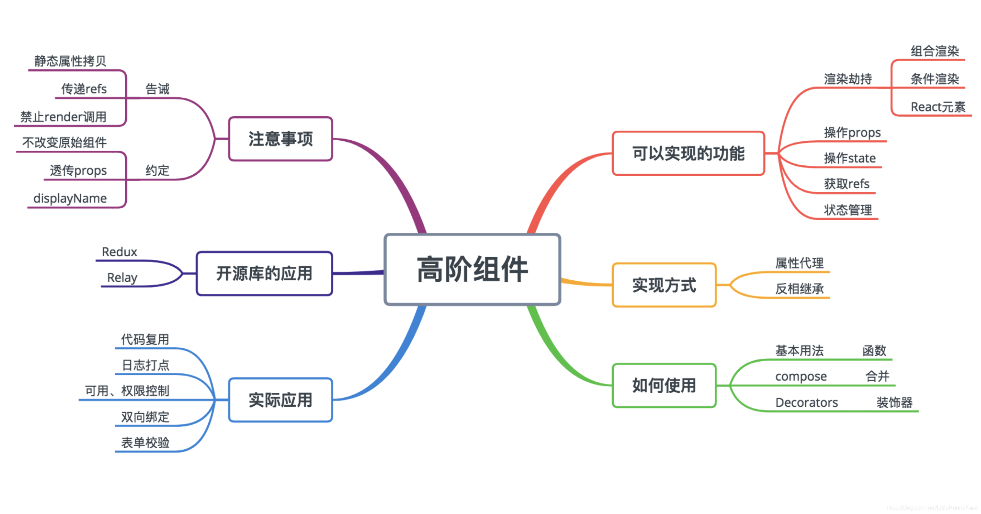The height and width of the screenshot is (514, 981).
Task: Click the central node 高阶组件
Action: point(472,270)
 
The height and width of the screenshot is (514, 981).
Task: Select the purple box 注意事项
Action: point(281,139)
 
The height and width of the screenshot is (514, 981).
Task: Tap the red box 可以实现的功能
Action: point(688,154)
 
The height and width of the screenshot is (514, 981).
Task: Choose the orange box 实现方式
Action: point(664,285)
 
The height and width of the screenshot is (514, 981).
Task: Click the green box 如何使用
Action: point(664,385)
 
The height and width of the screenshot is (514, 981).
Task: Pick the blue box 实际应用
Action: point(281,400)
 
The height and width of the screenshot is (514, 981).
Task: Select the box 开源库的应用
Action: point(264,274)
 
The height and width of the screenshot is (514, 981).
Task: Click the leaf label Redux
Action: point(119,252)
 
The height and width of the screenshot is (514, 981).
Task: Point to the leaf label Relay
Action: point(122,277)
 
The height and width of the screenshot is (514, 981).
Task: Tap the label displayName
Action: point(70,198)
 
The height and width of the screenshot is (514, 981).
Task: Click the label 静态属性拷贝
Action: point(70,61)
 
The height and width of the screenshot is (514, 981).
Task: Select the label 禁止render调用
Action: point(63,117)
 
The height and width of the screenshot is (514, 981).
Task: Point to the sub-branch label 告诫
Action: point(157,89)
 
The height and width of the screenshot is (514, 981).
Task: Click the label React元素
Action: point(938,107)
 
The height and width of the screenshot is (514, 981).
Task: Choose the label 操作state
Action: point(850,158)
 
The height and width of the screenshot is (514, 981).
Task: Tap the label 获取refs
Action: point(847,184)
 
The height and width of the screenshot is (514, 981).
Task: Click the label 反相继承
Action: point(799,289)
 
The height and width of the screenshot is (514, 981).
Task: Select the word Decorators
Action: point(807,403)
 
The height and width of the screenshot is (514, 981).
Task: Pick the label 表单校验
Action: point(145,443)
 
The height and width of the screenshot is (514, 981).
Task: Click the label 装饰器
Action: point(894,403)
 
